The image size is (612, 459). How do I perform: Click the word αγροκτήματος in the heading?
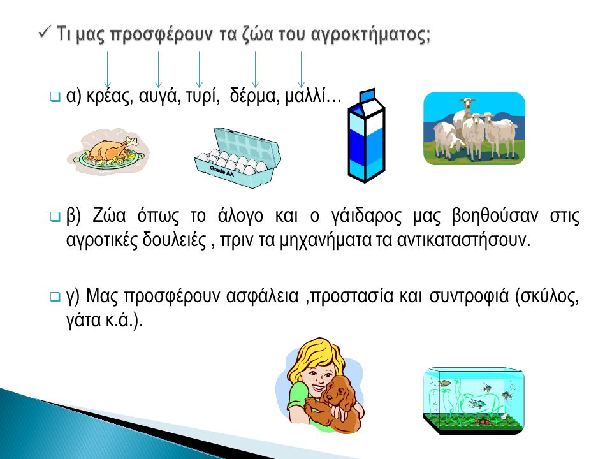371,34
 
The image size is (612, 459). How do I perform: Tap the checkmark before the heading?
45,32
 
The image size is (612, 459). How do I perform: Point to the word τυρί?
201,96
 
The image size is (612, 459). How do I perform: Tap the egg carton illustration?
237,157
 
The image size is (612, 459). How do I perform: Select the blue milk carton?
366,135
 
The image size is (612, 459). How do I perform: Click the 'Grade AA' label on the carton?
222,171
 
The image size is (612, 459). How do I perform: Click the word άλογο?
240,216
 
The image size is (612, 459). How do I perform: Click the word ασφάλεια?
262,296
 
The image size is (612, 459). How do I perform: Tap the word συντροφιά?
469,296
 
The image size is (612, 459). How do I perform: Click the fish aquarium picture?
474,400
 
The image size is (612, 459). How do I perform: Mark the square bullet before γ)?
55,296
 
